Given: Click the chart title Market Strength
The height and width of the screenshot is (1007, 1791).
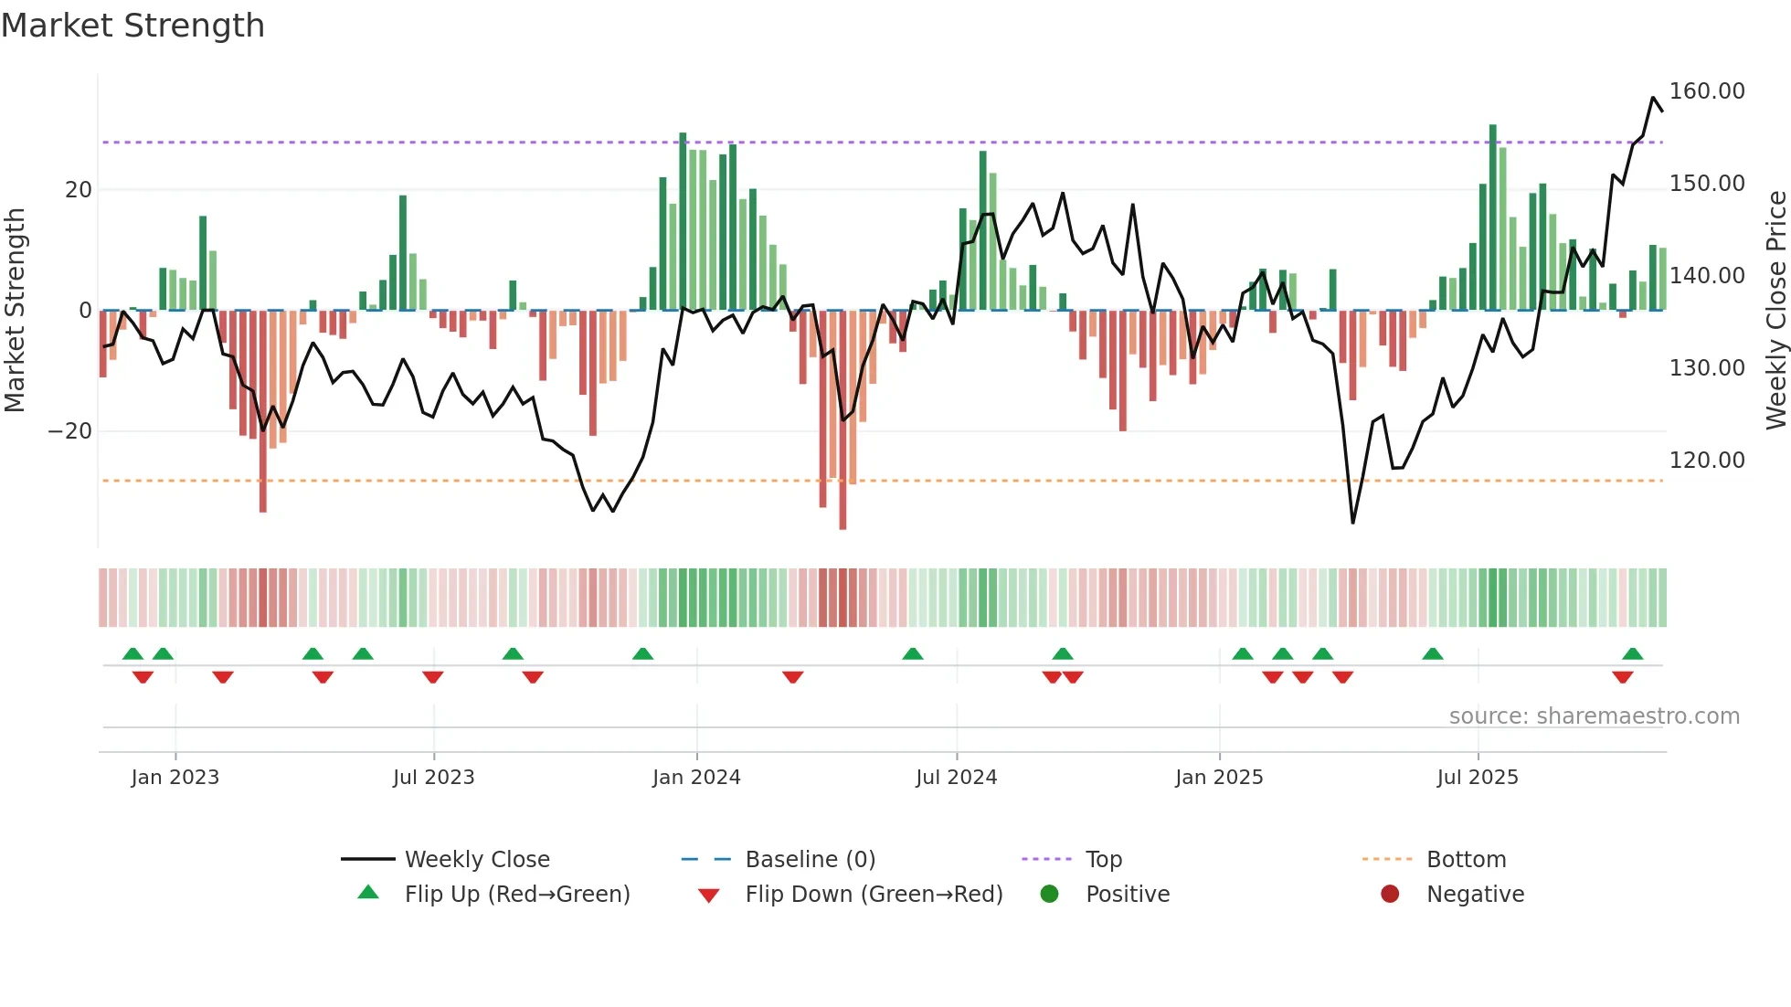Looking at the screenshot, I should click(132, 26).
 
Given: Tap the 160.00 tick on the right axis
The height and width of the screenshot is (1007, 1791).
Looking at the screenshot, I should click(1706, 91).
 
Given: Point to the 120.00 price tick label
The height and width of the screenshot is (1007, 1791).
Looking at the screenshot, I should click(1706, 461).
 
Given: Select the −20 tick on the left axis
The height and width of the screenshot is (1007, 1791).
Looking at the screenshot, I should click(70, 431).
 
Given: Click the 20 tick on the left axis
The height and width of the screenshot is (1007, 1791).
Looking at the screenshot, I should click(79, 190).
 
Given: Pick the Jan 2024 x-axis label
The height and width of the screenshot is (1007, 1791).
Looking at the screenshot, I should click(696, 778).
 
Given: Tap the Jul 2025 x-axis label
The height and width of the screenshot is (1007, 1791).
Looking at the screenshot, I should click(1477, 778).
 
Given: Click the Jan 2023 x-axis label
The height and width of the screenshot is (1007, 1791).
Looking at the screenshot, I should click(175, 778).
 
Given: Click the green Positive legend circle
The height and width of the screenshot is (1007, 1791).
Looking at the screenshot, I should click(1050, 895).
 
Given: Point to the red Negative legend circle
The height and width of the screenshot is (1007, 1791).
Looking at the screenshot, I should click(1390, 895).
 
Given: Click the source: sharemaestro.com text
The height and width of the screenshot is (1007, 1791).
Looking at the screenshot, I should click(1594, 716).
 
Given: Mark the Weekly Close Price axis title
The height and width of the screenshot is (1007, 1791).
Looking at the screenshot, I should click(1775, 310).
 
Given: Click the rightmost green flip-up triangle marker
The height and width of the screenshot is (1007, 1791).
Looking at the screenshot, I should click(1632, 653).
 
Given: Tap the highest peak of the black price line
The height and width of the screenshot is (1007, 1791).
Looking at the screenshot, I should click(1653, 98).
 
